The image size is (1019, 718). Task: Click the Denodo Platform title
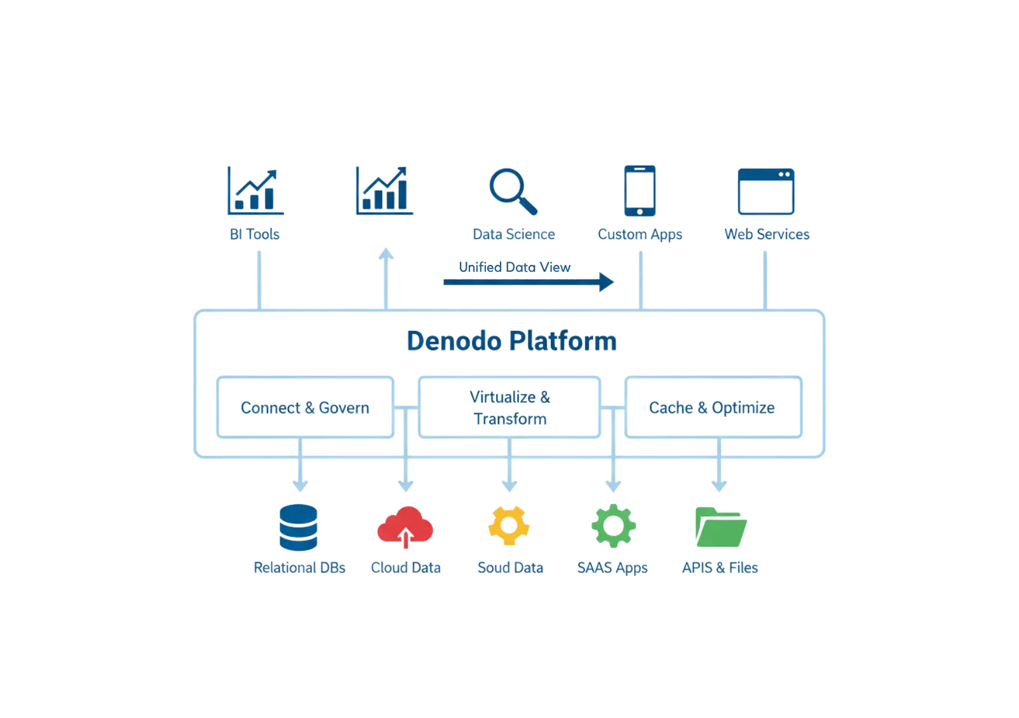click(511, 342)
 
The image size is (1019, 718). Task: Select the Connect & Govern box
click(305, 407)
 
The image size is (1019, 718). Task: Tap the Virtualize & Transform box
click(509, 407)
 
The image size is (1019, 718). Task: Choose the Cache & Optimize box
click(712, 407)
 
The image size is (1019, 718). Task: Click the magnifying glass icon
click(513, 191)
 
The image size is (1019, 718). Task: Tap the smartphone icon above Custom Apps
click(639, 191)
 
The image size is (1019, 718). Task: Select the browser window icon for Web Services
click(766, 191)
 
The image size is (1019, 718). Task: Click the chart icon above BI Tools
click(255, 190)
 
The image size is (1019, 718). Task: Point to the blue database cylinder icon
click(298, 528)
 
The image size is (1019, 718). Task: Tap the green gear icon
click(613, 526)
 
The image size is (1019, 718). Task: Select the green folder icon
click(720, 527)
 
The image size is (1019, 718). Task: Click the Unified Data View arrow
click(529, 281)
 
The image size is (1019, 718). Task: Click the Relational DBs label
click(299, 568)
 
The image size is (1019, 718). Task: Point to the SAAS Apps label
click(613, 568)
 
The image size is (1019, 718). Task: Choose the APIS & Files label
click(720, 568)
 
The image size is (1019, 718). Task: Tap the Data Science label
click(514, 235)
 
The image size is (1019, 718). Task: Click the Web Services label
click(766, 235)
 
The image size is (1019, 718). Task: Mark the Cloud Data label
click(406, 568)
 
